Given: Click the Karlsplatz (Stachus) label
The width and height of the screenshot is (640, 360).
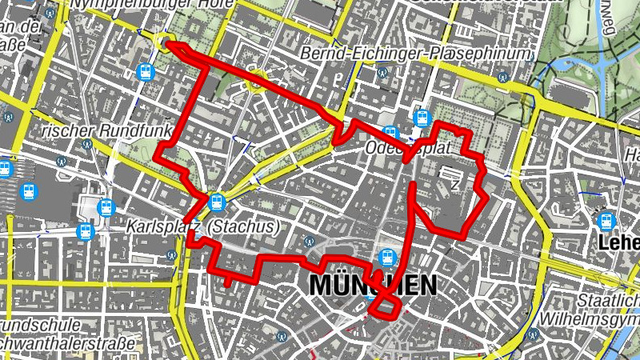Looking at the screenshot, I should [x=202, y=227].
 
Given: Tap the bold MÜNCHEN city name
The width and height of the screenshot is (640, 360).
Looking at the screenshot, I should [x=373, y=285].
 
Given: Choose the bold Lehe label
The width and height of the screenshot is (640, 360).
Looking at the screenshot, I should [x=620, y=242].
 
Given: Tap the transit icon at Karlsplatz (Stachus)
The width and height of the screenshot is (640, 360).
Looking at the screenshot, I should [x=215, y=202].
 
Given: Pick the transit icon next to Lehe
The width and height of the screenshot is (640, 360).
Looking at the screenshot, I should [x=605, y=219].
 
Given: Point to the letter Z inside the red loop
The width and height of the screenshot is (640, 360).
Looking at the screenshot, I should [x=455, y=184].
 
